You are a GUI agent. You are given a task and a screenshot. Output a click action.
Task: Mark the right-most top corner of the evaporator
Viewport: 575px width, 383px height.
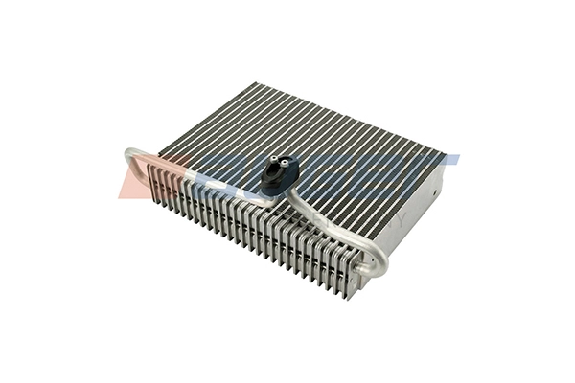pyautogui.click(x=444, y=153)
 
